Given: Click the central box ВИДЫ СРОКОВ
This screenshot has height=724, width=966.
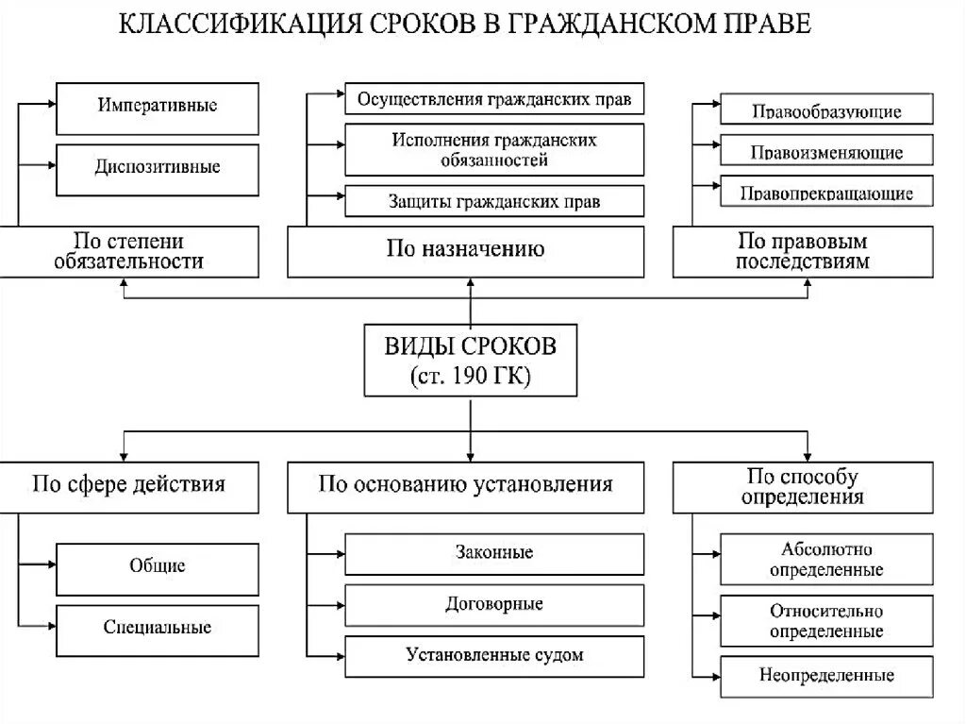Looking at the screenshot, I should [x=470, y=360].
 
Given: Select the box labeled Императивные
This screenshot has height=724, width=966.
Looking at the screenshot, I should [x=158, y=108].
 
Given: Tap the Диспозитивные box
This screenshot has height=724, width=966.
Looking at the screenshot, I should [x=158, y=169].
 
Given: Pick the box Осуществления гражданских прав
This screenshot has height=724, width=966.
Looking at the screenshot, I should [x=494, y=99].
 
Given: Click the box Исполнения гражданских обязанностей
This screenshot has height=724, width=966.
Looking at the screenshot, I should [x=494, y=149].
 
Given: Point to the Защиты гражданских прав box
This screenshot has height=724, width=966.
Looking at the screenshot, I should [x=494, y=200].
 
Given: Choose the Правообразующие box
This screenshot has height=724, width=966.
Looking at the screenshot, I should [x=826, y=110].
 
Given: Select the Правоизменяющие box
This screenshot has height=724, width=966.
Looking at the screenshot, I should [x=826, y=151].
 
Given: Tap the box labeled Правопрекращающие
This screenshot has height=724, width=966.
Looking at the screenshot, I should [x=826, y=193].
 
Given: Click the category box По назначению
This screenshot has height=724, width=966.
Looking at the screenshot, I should [x=466, y=251].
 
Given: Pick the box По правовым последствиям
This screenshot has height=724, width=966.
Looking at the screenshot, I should [x=802, y=251].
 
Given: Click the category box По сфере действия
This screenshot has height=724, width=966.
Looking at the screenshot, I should [x=129, y=486].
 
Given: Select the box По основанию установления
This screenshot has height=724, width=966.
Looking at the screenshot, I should [x=466, y=486].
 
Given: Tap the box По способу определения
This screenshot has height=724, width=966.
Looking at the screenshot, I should [x=802, y=486].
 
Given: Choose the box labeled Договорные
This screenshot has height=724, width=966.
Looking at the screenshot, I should [x=494, y=604].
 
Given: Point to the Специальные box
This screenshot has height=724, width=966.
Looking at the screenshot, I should [x=158, y=629].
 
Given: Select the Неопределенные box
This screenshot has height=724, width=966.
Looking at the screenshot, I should [x=826, y=676].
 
